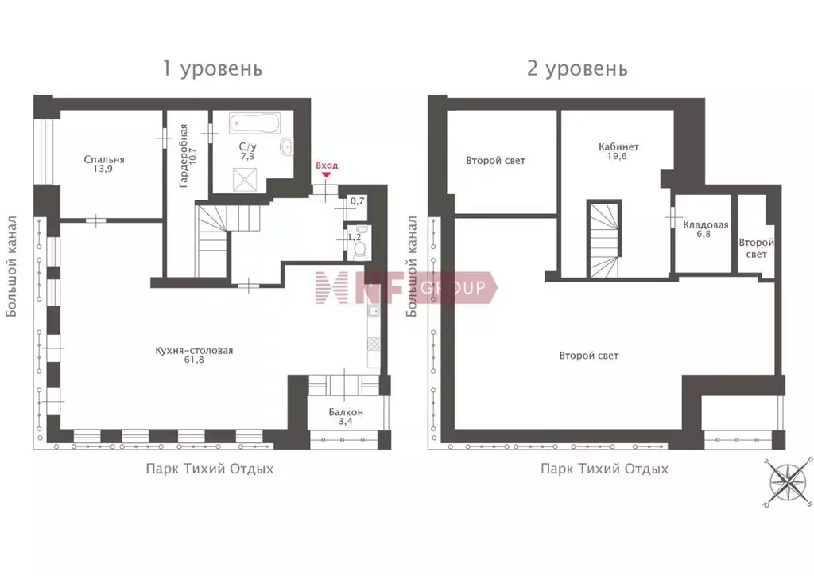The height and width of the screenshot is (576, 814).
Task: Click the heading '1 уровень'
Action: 212,68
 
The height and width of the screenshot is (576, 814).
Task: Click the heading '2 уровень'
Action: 577,68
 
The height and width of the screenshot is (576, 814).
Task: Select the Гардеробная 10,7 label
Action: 187,155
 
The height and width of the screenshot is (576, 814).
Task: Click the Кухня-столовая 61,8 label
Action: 194,356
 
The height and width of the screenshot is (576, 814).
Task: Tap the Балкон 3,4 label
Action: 346,418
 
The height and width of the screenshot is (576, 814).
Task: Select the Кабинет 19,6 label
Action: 618,152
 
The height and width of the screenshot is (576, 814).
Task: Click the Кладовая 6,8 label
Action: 705,230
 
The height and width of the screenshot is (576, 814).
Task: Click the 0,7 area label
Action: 356,201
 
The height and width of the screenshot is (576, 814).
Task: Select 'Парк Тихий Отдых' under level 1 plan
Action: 209,469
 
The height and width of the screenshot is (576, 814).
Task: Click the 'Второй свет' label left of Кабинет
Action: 495,161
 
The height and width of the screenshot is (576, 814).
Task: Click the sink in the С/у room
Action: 286,146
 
